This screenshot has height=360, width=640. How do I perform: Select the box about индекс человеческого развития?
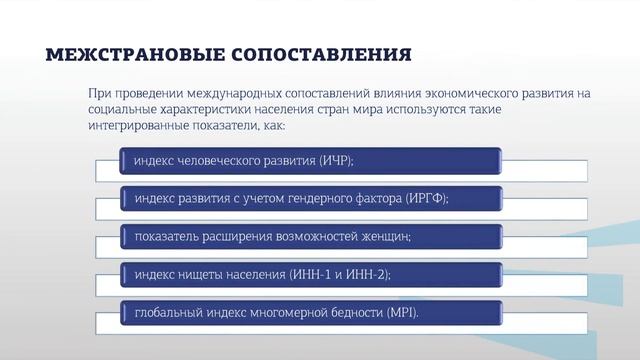click(x=310, y=159)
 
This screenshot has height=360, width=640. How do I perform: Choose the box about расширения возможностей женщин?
click(x=310, y=237)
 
